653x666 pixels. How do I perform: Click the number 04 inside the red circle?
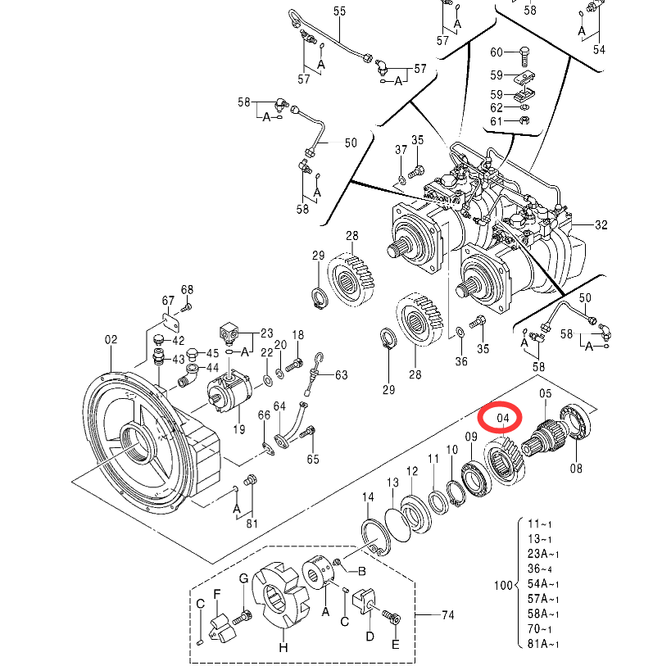502,419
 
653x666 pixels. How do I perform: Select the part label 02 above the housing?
111,340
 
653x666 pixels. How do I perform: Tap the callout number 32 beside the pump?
601,224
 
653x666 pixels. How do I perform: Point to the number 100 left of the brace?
503,585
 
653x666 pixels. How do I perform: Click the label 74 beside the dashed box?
448,615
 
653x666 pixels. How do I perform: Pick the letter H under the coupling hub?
283,648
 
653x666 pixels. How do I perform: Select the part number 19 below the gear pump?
239,429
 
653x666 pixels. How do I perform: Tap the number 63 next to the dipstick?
341,375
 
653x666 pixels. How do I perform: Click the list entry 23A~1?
543,554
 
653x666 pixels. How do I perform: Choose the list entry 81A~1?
543,644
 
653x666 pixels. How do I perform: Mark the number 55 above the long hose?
339,11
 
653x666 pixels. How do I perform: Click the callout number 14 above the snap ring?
368,497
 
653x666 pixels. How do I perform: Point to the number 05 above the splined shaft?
546,394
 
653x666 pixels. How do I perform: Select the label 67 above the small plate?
168,301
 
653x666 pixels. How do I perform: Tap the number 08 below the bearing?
576,469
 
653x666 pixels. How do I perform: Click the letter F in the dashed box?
216,594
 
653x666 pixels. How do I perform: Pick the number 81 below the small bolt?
252,523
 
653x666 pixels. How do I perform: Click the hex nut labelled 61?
524,120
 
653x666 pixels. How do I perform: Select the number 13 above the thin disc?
392,483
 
